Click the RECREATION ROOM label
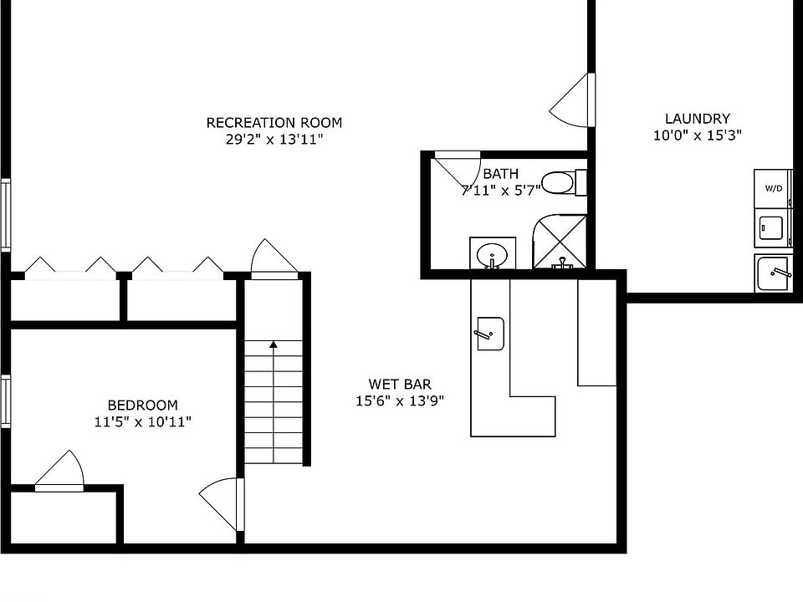click(274, 123)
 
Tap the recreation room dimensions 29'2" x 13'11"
click(274, 140)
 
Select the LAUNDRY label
click(697, 119)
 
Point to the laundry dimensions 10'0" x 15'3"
click(698, 135)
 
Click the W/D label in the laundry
click(774, 188)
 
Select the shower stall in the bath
click(560, 242)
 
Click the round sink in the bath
click(492, 254)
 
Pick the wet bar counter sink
click(491, 334)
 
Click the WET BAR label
click(400, 384)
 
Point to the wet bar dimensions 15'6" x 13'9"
click(400, 400)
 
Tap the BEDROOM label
click(143, 406)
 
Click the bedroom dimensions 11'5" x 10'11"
click(143, 421)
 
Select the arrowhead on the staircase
click(274, 344)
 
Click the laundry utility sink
click(774, 273)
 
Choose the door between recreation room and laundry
click(572, 100)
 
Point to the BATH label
click(501, 174)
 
